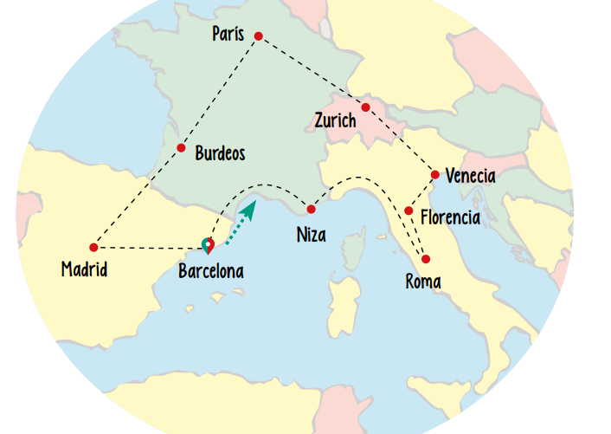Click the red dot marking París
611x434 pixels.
258,36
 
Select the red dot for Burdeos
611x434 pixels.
181,147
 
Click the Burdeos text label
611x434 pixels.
220,154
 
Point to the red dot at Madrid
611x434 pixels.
93,248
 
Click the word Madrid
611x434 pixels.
84,269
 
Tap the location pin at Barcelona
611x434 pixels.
207,245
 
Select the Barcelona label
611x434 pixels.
210,272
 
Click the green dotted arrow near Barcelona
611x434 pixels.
241,223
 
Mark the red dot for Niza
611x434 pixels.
311,209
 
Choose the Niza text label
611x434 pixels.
311,234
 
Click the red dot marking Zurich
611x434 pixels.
365,107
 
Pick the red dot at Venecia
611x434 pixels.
434,174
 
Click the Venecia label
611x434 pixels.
470,177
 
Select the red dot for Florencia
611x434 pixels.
408,211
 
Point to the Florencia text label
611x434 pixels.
450,217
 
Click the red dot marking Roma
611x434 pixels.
425,259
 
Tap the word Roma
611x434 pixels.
423,282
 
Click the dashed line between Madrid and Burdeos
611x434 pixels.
138,197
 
